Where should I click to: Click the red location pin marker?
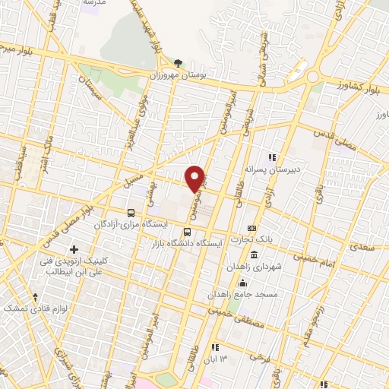195,177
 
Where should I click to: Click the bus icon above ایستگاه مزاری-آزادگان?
132,213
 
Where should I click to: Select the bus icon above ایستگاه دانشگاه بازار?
187,232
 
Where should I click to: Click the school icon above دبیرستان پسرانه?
272,157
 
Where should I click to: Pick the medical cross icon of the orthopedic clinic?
74,249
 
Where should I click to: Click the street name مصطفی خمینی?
229,311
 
